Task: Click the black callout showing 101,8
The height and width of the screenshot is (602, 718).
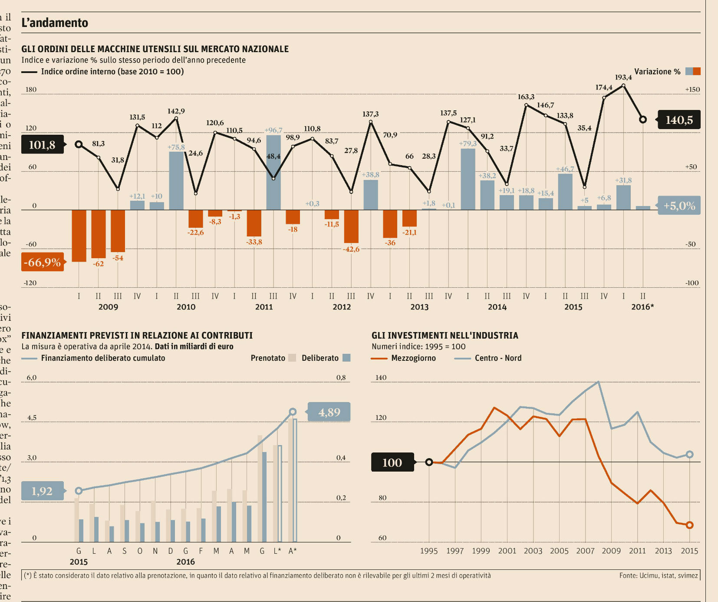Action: tap(42, 145)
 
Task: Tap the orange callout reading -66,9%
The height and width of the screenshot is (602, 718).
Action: tap(42, 262)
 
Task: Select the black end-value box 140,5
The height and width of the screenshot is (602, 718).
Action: tap(679, 120)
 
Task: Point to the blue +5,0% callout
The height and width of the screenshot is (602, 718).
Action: tap(679, 206)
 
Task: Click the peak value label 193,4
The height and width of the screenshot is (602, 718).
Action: tap(623, 77)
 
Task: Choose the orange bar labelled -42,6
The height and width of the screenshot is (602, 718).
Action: tap(351, 226)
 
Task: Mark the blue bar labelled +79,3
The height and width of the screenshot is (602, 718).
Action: tap(468, 179)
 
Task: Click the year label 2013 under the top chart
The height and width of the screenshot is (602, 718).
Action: tap(419, 307)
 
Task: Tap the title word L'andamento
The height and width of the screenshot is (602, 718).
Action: tap(55, 23)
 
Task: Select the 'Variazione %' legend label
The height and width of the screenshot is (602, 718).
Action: tap(657, 72)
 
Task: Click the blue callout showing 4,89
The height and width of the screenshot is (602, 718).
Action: tap(329, 412)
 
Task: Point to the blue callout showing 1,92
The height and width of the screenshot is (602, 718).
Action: tap(42, 491)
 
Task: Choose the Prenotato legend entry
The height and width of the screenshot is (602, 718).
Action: tap(268, 358)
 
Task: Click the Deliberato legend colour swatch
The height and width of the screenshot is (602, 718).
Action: tap(346, 358)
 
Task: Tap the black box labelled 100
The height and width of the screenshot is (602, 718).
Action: tap(392, 462)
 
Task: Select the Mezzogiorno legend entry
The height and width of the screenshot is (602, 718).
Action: tap(413, 358)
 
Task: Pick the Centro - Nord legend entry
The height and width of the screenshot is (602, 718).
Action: tap(498, 358)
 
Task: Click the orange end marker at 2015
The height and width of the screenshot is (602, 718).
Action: tap(689, 525)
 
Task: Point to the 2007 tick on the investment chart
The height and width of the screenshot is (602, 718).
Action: tap(585, 551)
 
